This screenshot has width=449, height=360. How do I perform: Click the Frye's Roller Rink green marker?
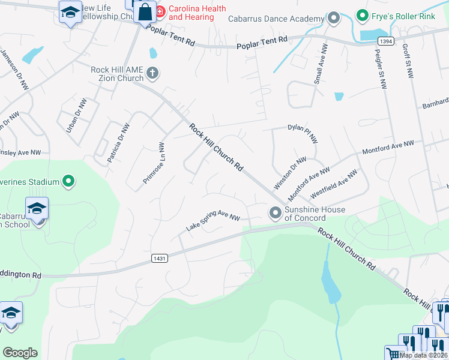362,14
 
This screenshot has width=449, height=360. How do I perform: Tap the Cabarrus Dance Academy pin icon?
334,18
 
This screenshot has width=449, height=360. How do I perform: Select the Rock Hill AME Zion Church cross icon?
152,74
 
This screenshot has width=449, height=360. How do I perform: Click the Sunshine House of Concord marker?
276,212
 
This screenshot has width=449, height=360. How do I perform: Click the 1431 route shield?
158,258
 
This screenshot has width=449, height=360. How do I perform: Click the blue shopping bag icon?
145,11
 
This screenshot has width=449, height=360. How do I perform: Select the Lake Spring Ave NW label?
212,223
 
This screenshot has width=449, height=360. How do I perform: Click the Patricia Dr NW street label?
118,143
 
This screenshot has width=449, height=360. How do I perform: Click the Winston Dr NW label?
290,172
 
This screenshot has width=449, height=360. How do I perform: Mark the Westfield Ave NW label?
334,185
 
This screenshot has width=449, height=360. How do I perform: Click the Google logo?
20,353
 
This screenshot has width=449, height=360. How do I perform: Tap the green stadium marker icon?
69,180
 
